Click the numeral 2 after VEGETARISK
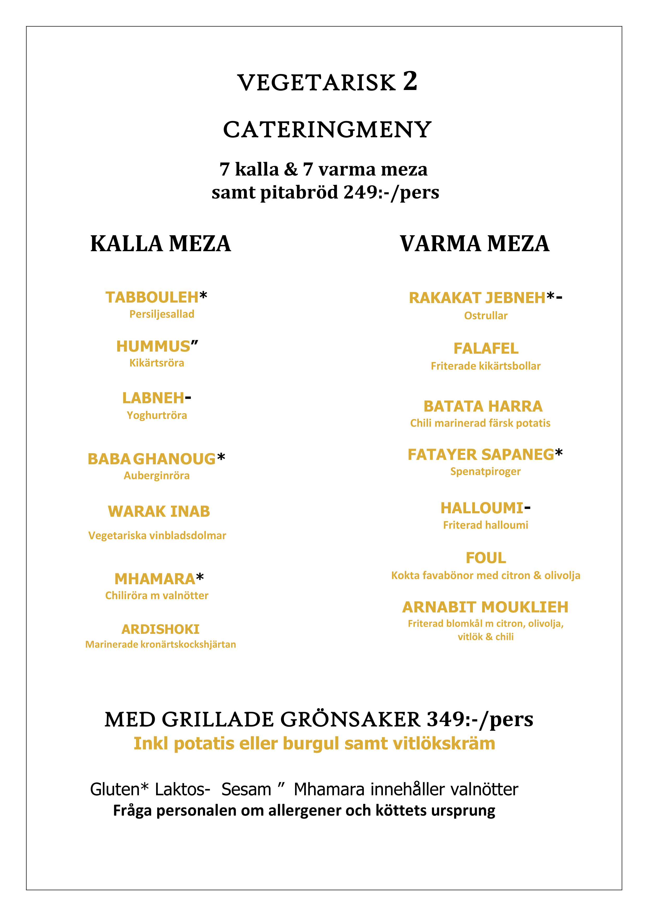coord(410,81)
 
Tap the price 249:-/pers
coord(391,192)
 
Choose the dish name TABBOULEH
coord(152,297)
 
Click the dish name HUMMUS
coord(153,347)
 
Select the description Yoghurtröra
coord(157,415)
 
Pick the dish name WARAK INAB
coord(158,511)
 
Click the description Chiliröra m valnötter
coord(157,595)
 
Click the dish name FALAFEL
coord(486,349)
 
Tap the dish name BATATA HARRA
coord(483,406)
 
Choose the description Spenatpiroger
coord(485,471)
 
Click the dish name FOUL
coord(486,558)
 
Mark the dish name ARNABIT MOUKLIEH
coord(485,607)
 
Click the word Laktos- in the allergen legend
coord(182,790)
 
